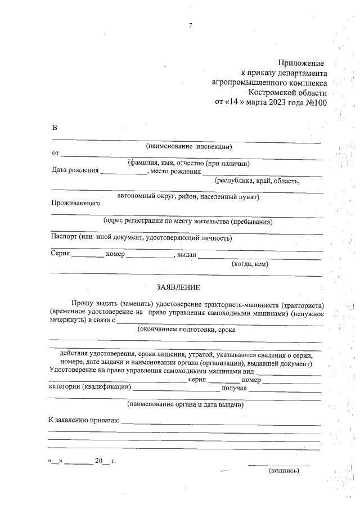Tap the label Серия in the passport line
pos(60,254)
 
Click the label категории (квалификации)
pos(90,388)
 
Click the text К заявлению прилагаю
pos(84,420)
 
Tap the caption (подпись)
pos(283,471)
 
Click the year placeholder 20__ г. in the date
pos(105,461)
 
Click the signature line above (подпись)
pos(278,465)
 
